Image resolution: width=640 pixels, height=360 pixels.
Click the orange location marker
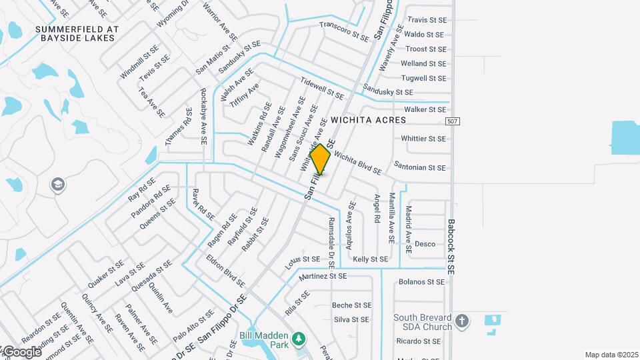[x=321, y=159]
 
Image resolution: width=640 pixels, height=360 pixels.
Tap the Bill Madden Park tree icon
[x=299, y=339]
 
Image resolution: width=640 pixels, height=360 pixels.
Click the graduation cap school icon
[x=58, y=185]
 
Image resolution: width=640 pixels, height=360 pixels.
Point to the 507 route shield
[x=453, y=120]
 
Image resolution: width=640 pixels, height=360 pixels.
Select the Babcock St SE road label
[x=451, y=247]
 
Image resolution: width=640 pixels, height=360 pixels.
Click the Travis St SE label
[x=426, y=20]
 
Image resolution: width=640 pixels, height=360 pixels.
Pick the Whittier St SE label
[x=423, y=139]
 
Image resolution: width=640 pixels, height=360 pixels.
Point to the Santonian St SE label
[x=419, y=168]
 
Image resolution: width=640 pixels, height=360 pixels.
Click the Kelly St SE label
[x=370, y=259]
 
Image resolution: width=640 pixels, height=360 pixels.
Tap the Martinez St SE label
[x=323, y=276]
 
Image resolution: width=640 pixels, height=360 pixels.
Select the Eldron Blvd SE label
[x=225, y=271]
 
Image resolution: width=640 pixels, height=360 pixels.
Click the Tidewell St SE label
[x=322, y=89]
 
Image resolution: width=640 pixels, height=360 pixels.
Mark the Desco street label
[x=425, y=244]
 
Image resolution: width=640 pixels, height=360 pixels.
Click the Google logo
[x=21, y=352]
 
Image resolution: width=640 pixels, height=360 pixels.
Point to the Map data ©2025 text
[x=611, y=355]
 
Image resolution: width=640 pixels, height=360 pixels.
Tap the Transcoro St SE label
[x=344, y=31]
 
